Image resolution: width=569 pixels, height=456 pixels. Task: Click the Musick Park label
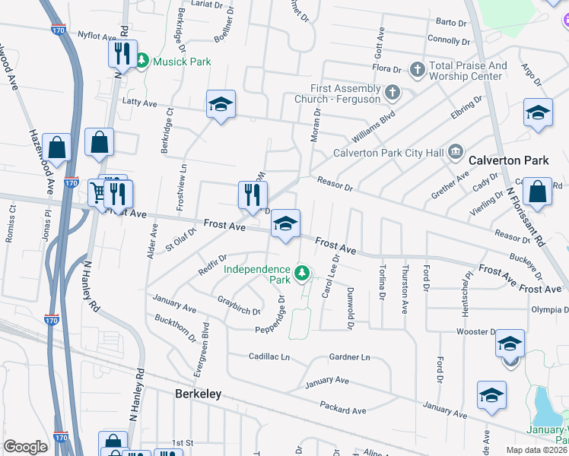(x=183, y=62)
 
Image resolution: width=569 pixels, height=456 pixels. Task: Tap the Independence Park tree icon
(x=303, y=272)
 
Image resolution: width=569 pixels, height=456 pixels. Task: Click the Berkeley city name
(x=198, y=394)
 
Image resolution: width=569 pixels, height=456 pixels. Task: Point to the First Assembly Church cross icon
(x=392, y=92)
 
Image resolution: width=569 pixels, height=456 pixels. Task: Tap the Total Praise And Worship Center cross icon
(x=417, y=71)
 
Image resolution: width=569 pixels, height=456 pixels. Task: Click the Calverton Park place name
(x=508, y=160)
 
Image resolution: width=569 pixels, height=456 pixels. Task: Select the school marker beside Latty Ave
(x=221, y=105)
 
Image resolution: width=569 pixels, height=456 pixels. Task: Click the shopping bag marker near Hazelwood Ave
(x=56, y=147)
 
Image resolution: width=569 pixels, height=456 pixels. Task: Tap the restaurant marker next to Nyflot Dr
(x=122, y=55)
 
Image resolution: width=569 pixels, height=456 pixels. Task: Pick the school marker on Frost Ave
(x=285, y=224)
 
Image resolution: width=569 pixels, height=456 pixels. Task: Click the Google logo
(x=25, y=446)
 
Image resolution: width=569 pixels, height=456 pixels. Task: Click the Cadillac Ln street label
(x=269, y=356)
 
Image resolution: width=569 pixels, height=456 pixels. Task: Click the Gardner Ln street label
(x=349, y=356)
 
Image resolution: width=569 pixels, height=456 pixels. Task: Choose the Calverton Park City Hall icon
(x=455, y=152)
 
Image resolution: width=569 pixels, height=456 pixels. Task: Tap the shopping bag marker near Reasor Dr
(x=537, y=194)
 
